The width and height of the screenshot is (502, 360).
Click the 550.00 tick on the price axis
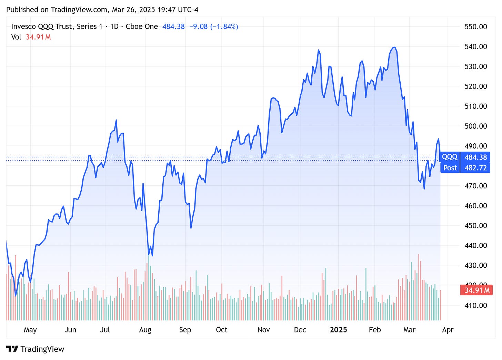[475, 27]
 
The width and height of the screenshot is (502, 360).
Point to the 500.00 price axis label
[475, 126]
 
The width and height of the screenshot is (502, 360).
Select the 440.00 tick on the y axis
[475, 246]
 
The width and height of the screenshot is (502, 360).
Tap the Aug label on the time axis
[145, 330]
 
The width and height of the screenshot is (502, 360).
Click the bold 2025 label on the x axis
[338, 330]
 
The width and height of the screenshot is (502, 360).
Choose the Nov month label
[263, 330]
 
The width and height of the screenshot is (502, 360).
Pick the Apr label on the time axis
[448, 330]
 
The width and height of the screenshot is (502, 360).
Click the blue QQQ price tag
[450, 157]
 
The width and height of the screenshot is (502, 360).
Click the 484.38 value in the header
[173, 27]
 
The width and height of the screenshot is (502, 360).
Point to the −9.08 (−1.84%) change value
[214, 27]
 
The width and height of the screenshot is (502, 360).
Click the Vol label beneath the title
[16, 37]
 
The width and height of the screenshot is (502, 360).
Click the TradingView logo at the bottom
[35, 349]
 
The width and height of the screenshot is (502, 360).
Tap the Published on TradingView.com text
[57, 10]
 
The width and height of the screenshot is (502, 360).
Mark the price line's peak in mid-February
[394, 47]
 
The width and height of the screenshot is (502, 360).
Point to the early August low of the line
[152, 256]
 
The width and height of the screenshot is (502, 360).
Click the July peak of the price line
[116, 120]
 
